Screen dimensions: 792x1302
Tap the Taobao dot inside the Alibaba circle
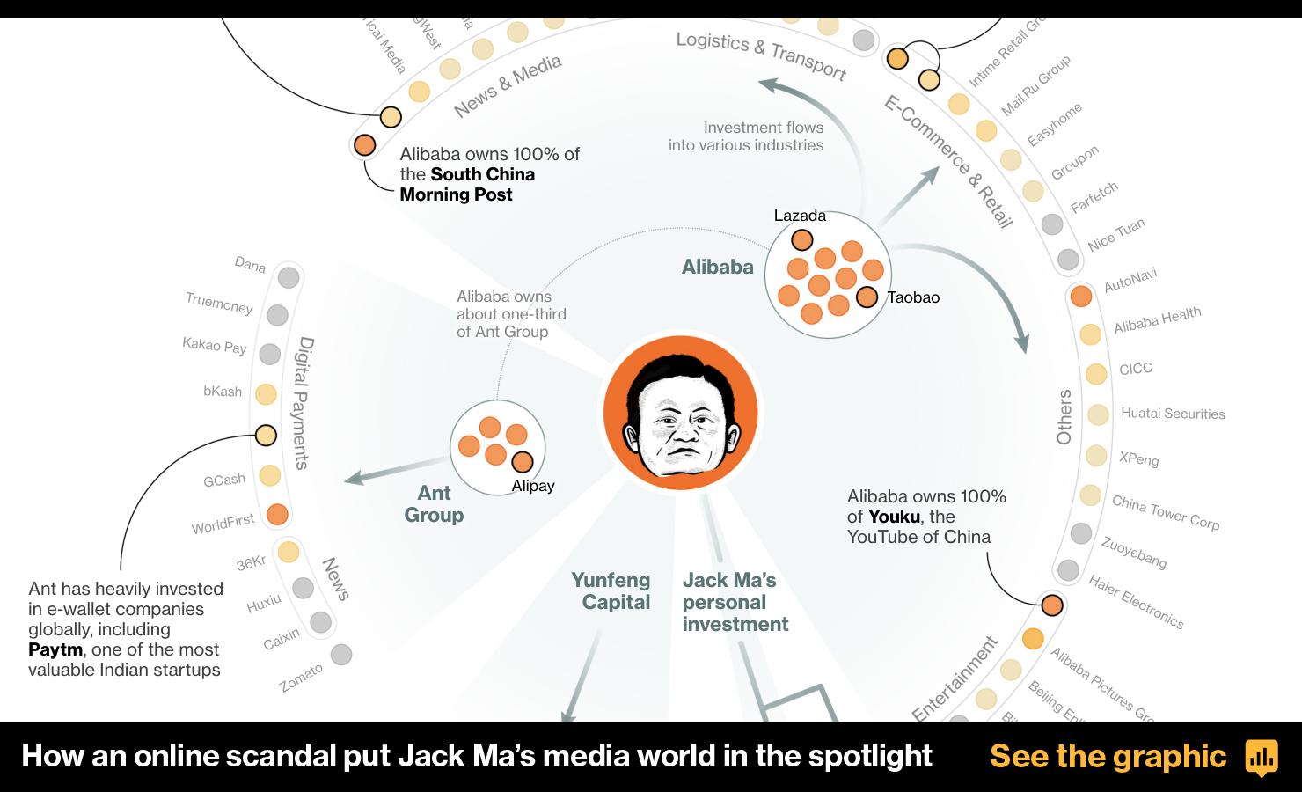(867, 297)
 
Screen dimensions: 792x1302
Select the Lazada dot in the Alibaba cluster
(801, 239)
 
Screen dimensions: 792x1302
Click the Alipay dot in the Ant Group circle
(523, 462)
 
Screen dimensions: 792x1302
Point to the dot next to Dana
(289, 277)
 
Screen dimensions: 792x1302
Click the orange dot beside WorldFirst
(277, 514)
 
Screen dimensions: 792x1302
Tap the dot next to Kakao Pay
(270, 354)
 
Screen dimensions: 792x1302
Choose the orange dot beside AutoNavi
(1081, 296)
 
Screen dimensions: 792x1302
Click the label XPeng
(1138, 458)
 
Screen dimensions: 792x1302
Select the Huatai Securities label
(1173, 414)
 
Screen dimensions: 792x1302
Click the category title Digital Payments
(303, 403)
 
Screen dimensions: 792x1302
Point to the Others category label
(1064, 416)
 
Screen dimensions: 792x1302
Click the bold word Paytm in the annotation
(55, 649)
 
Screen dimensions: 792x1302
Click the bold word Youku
(895, 517)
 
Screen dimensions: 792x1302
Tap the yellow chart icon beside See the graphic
(1262, 757)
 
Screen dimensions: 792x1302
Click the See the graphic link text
(1108, 756)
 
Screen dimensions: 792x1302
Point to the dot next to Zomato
(341, 654)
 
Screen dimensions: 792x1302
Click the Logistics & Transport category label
(761, 55)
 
